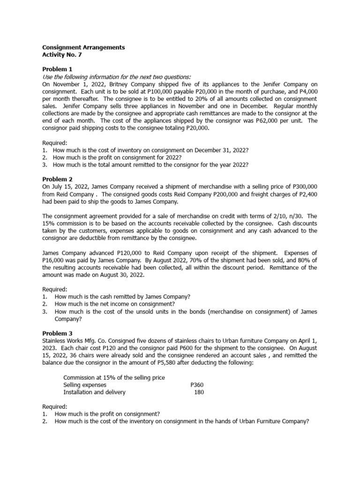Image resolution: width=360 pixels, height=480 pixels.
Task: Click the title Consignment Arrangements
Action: [84, 47]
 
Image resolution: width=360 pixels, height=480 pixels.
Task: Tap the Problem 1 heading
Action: [58, 69]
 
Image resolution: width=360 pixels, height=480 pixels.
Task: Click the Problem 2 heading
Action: [58, 179]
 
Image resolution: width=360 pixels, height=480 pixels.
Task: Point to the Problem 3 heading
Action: [58, 333]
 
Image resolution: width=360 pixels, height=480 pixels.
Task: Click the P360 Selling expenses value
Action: [197, 385]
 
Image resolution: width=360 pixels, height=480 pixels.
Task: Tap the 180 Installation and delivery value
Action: [199, 392]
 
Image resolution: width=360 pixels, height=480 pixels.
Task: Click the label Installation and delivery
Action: [94, 392]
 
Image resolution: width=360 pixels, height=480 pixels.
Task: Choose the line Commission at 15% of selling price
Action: [114, 377]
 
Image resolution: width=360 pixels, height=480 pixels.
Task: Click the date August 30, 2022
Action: [121, 275]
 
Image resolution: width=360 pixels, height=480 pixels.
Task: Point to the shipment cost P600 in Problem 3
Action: [174, 348]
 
